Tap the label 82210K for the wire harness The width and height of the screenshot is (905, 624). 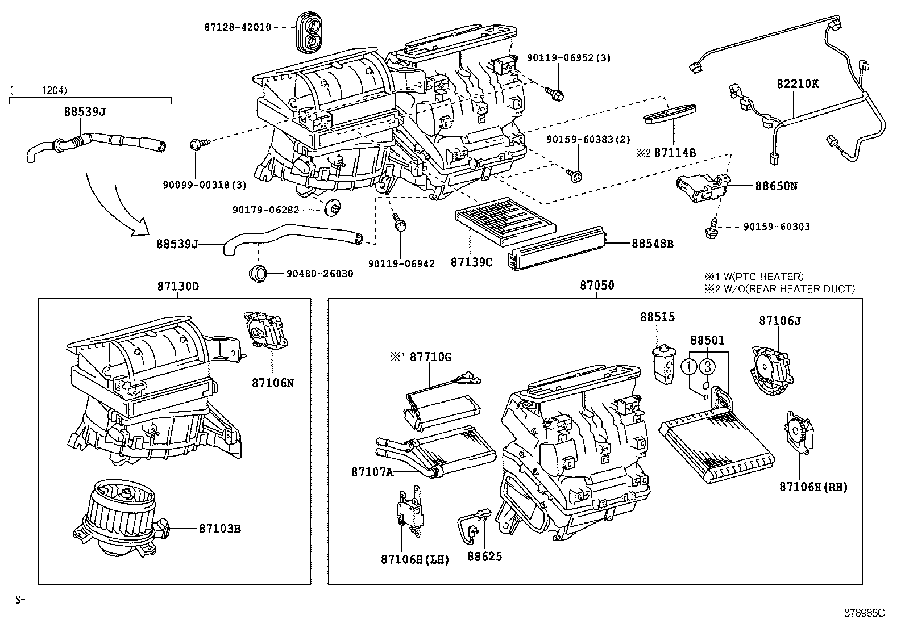click(798, 83)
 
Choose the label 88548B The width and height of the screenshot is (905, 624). click(653, 244)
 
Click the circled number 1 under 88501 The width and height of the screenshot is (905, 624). click(690, 367)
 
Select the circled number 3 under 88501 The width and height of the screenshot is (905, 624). click(707, 367)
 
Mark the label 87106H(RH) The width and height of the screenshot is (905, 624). click(813, 487)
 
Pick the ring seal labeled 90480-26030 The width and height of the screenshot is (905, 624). click(258, 273)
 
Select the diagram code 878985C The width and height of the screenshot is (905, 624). click(865, 613)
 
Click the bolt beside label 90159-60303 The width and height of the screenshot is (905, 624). click(712, 228)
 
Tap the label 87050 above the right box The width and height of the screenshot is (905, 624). click(597, 285)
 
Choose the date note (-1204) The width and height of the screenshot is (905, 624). click(39, 89)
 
